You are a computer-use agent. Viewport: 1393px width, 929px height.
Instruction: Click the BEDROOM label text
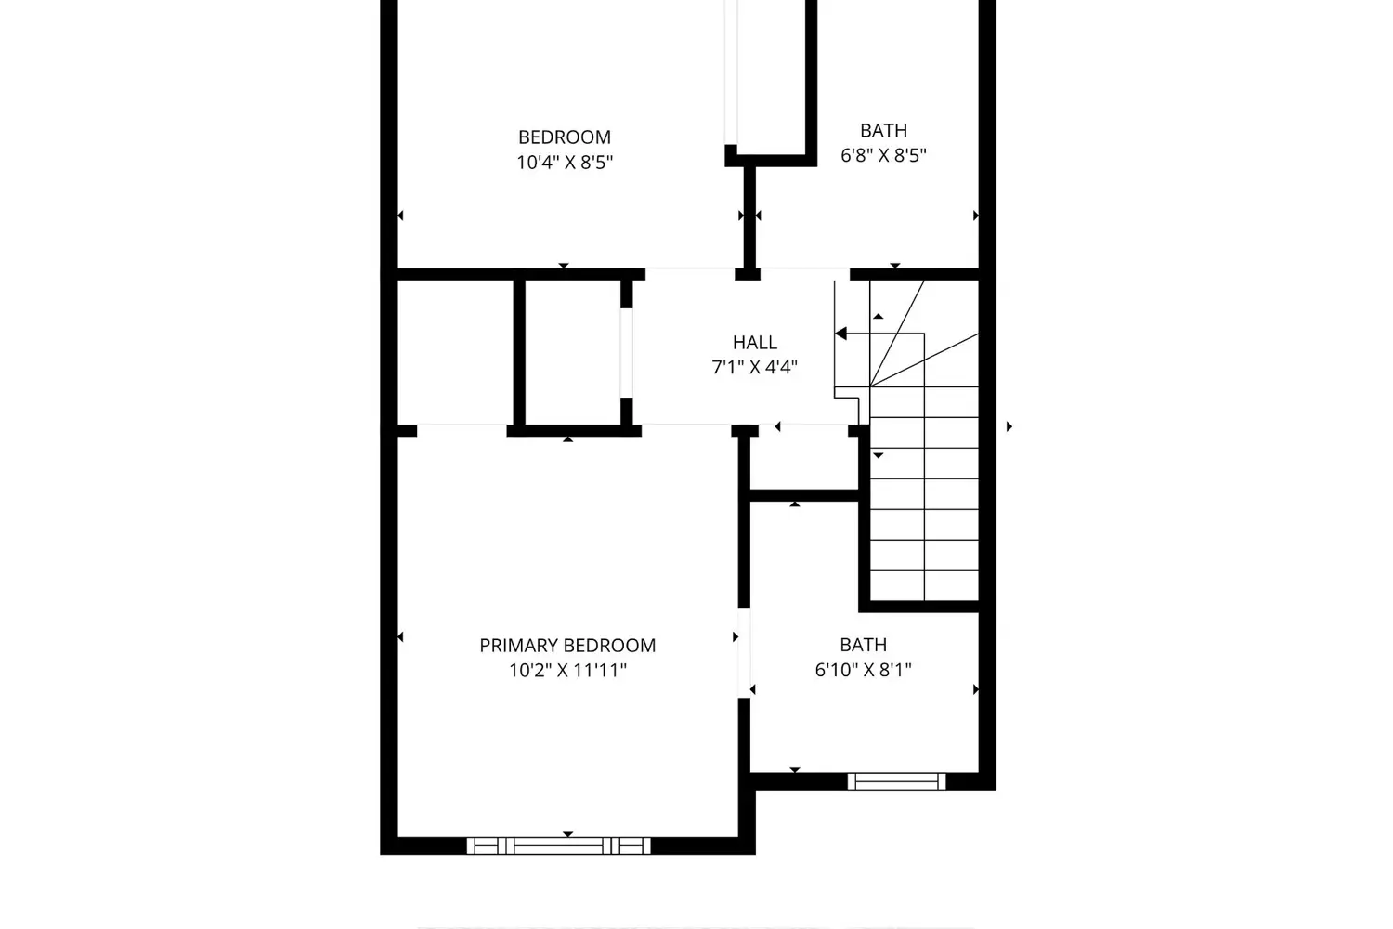point(564,137)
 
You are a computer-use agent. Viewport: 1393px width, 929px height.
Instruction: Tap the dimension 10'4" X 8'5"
point(565,163)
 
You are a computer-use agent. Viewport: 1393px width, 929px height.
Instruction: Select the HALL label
point(754,342)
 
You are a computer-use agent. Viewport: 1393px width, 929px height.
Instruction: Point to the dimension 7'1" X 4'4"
point(754,367)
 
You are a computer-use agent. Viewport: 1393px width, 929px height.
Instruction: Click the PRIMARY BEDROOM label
point(567,646)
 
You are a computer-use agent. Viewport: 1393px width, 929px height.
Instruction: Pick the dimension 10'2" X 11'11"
point(567,671)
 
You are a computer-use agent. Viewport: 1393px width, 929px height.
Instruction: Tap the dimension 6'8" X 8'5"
point(883,155)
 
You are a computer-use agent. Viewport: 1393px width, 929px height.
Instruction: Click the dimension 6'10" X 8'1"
point(863,670)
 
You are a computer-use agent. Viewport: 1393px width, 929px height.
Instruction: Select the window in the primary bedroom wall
point(558,845)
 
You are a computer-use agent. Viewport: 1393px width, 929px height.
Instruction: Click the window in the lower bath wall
point(896,781)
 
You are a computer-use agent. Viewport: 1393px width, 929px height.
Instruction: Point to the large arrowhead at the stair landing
point(840,334)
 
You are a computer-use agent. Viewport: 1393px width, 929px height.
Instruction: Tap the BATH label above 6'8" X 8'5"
point(883,131)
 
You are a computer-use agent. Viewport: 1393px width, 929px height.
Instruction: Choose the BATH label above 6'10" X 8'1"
point(863,645)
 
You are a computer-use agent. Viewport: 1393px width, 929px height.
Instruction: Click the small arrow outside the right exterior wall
point(1009,426)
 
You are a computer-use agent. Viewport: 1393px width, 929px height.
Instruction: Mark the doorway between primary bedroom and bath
point(744,653)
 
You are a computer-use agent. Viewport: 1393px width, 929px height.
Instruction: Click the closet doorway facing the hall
point(626,353)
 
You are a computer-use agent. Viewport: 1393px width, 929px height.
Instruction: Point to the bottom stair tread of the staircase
point(924,585)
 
